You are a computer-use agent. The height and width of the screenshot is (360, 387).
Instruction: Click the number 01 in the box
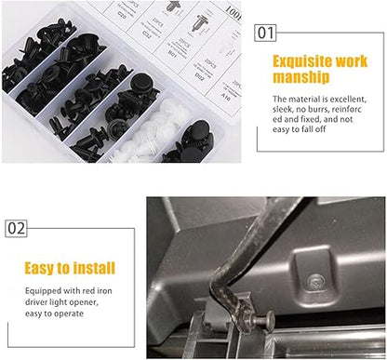tap(266, 33)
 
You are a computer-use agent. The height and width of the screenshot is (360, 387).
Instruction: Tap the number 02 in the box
tap(17, 227)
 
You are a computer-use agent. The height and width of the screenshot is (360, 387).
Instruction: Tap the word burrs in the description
tap(322, 108)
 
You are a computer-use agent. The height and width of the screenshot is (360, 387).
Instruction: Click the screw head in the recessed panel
tap(314, 277)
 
